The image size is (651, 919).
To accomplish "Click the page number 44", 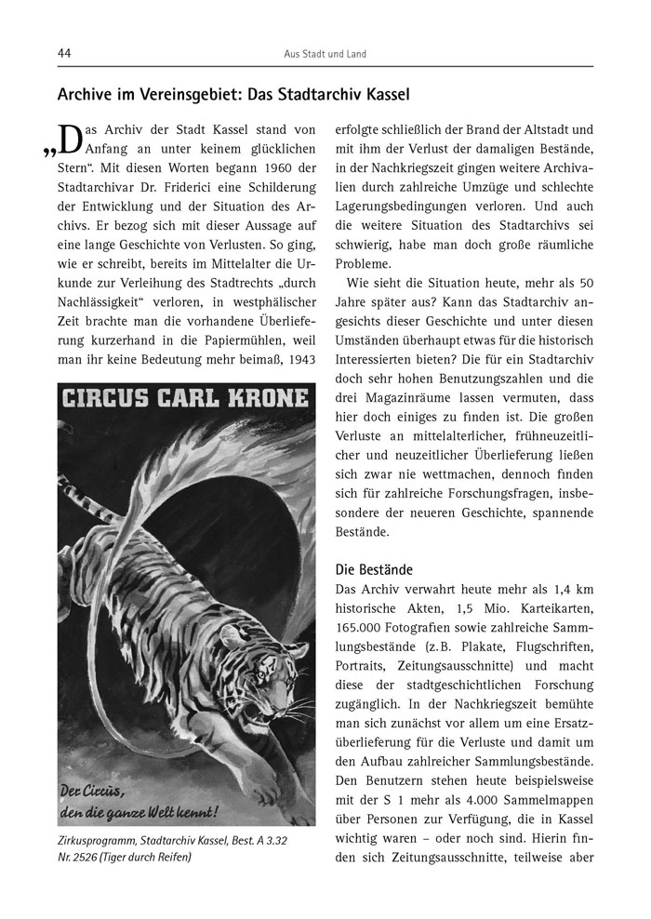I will pyautogui.click(x=65, y=54).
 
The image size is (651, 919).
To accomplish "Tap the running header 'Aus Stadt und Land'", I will pyautogui.click(x=325, y=54).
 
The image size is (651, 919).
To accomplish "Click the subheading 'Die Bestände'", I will pyautogui.click(x=374, y=568).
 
